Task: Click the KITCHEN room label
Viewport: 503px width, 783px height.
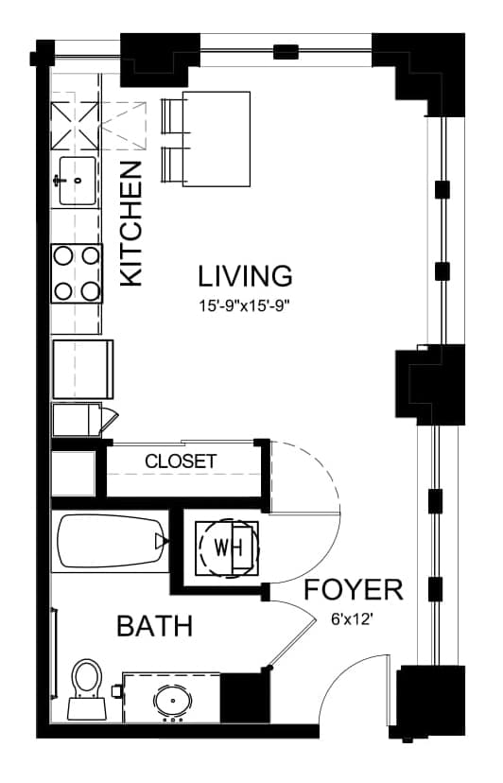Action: tap(131, 224)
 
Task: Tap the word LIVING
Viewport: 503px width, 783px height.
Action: tap(245, 276)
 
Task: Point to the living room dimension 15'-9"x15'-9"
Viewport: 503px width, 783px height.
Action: tap(245, 305)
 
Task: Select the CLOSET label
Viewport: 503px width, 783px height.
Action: tap(181, 461)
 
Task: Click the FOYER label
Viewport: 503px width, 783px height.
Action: tap(354, 590)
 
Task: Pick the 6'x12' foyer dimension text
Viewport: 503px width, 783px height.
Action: tap(353, 619)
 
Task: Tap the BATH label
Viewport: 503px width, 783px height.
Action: tap(155, 626)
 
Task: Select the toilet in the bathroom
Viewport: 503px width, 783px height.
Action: tap(87, 690)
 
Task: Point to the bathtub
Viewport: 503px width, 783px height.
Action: tap(111, 541)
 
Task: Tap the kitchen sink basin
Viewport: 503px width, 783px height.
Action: tap(78, 181)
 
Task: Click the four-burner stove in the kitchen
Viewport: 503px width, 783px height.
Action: tap(77, 273)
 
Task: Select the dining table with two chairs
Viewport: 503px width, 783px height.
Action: tap(206, 139)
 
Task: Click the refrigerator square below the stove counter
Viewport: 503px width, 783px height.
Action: tap(83, 370)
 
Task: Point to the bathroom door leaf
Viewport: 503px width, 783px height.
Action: tap(292, 644)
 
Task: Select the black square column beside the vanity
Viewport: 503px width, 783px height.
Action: tap(245, 697)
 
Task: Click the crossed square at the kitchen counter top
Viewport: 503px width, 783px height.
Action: tap(76, 126)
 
